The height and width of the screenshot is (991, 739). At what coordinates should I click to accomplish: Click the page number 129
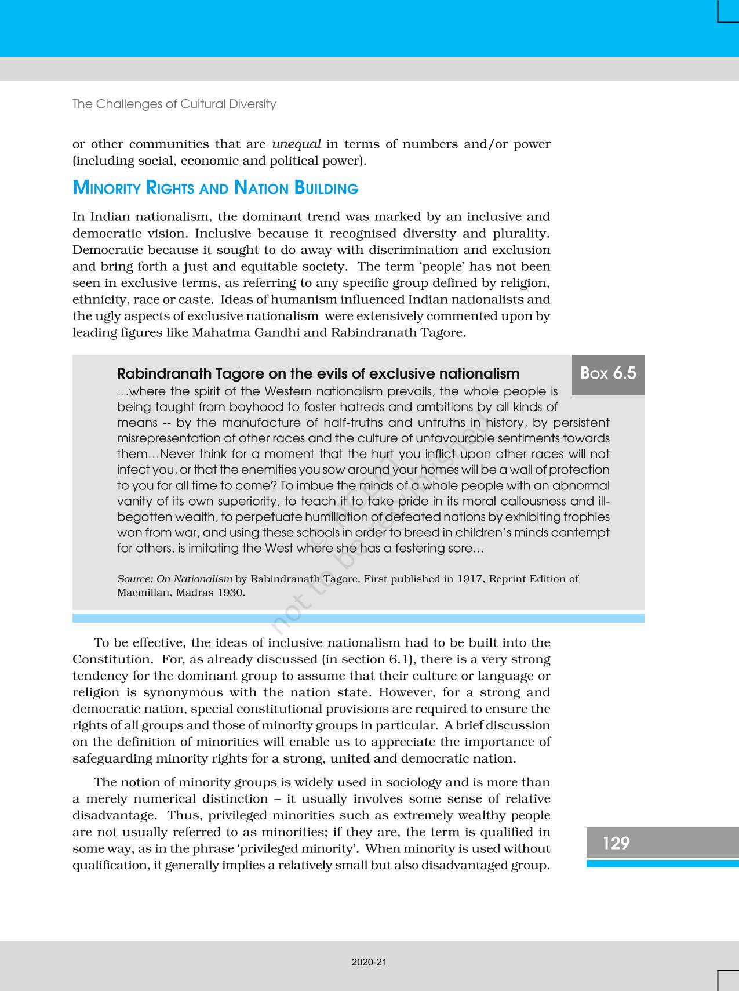tap(616, 843)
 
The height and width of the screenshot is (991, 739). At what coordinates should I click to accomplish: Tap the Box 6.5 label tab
tap(608, 373)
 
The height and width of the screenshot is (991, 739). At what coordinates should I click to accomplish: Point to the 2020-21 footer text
tap(369, 962)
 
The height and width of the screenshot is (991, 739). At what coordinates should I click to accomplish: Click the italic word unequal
tap(296, 144)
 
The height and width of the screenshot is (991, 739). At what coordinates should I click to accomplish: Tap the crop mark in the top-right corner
tap(727, 12)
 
